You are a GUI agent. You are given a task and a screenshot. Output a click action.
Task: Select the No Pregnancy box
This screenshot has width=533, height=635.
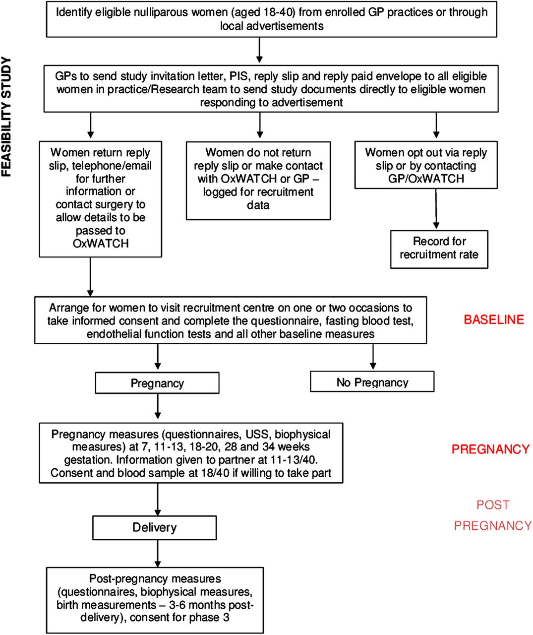[x=372, y=381]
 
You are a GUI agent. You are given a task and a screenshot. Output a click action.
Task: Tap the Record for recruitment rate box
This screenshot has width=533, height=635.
[x=439, y=250]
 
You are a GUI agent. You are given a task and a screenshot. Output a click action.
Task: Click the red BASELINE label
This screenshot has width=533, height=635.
[x=494, y=319]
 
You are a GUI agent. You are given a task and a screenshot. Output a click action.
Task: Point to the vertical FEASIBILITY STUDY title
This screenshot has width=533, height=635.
[x=6, y=117]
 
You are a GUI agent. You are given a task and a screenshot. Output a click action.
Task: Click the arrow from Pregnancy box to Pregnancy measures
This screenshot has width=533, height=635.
[x=158, y=406]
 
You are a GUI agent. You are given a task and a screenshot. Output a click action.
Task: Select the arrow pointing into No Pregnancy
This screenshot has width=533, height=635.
[x=373, y=356]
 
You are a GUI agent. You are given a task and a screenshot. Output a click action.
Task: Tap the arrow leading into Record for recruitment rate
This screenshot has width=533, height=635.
[x=436, y=209]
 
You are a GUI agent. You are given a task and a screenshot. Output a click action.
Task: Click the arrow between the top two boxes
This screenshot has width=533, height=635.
[x=259, y=50]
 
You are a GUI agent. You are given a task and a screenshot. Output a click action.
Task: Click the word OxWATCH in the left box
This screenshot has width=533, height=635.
[x=101, y=244]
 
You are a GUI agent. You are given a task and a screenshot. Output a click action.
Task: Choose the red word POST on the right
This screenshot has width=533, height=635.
[x=493, y=505]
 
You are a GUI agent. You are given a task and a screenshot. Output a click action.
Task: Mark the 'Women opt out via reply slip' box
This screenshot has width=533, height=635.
[x=426, y=165]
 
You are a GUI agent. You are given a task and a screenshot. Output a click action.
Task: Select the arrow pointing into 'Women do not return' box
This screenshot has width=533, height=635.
[x=260, y=125]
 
